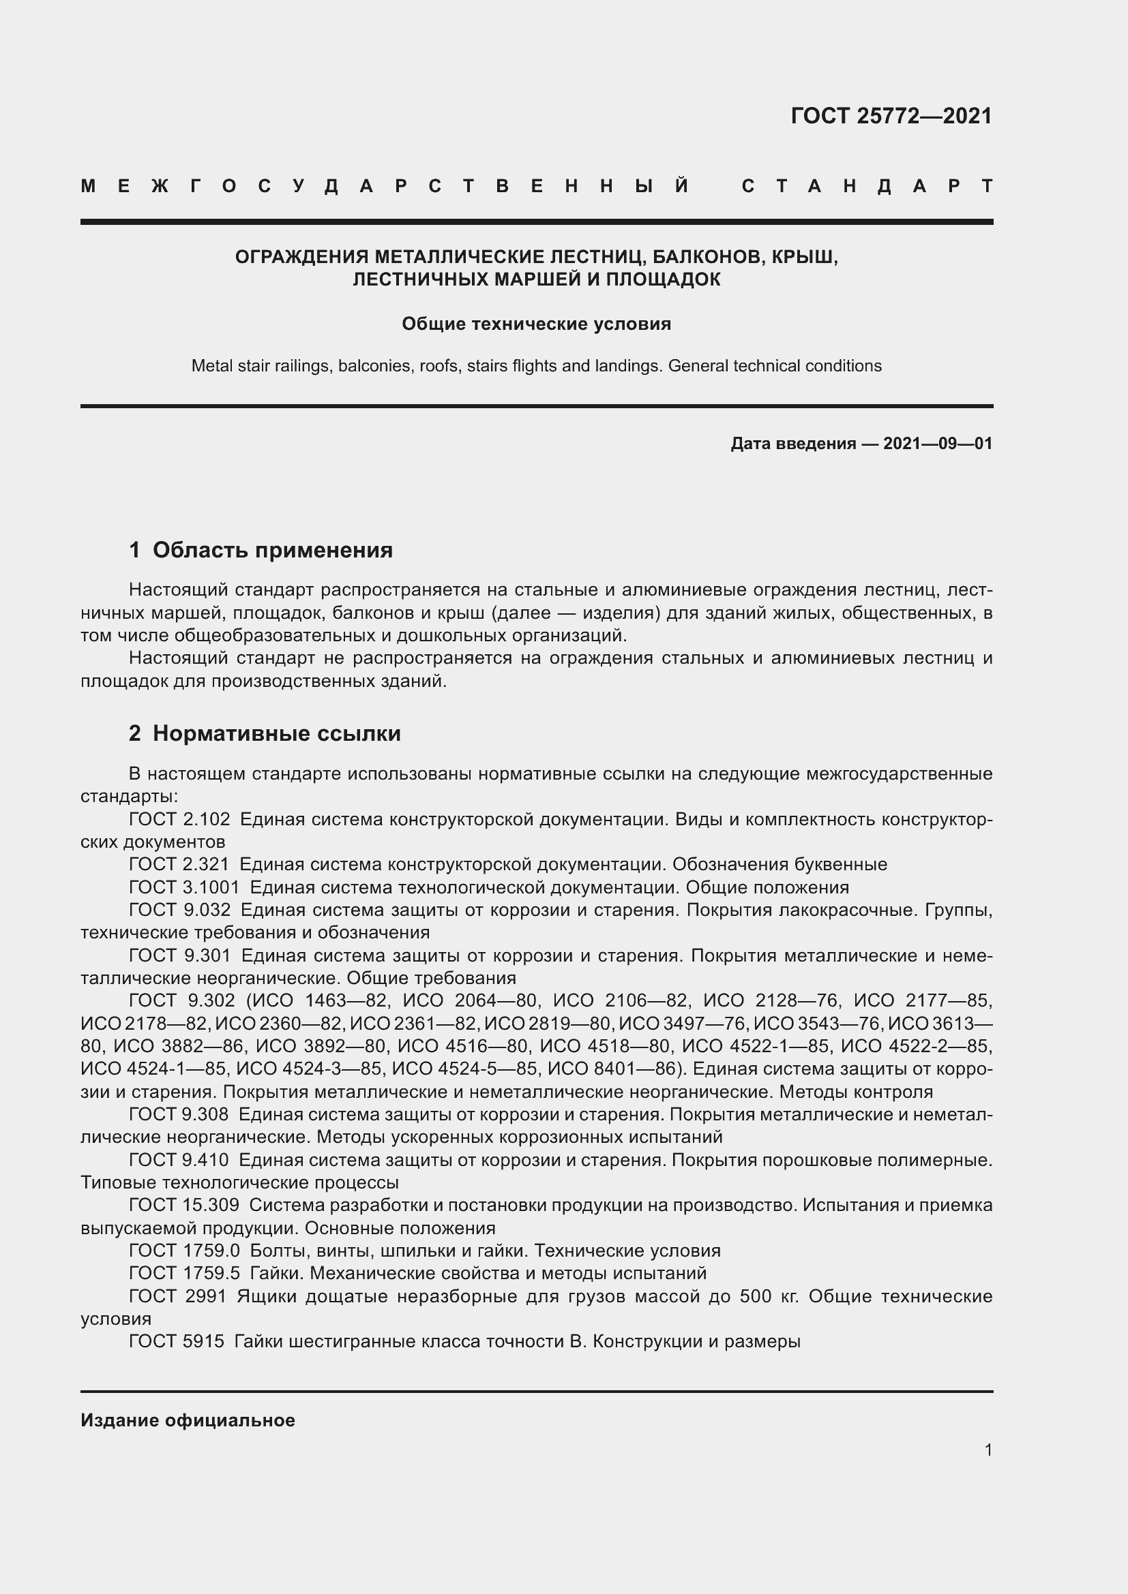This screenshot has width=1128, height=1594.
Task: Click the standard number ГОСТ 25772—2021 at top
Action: click(891, 116)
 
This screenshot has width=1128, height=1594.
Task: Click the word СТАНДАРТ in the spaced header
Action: click(867, 186)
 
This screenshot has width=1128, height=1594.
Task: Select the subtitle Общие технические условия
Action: click(536, 324)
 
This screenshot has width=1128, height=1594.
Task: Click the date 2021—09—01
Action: click(938, 444)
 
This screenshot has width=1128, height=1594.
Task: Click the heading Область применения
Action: click(272, 551)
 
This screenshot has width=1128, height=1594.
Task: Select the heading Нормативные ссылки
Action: click(276, 734)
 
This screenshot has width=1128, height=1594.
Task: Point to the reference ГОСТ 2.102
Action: click(179, 819)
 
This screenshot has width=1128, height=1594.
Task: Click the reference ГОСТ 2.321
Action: click(179, 864)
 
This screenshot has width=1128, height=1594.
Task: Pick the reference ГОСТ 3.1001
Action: click(184, 887)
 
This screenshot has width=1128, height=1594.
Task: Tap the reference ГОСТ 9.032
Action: click(179, 910)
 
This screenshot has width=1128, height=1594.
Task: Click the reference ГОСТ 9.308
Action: click(179, 1114)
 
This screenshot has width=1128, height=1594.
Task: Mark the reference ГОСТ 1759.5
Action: click(184, 1273)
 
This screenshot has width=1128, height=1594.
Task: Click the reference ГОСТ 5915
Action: click(177, 1341)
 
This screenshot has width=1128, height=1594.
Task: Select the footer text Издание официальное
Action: click(188, 1420)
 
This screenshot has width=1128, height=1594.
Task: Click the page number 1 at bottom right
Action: click(988, 1450)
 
